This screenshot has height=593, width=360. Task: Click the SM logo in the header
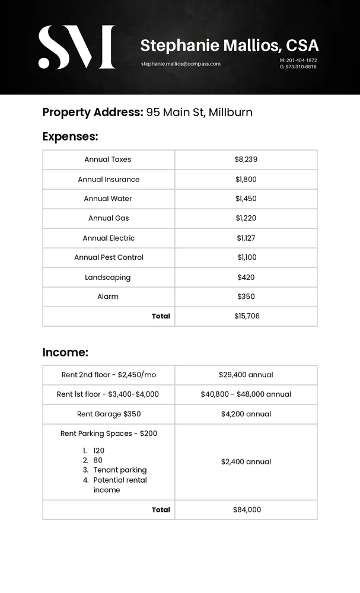(77, 47)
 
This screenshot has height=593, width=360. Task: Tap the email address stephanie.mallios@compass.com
(180, 63)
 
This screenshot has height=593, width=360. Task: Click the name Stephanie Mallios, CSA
(230, 45)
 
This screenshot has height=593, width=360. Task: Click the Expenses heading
(70, 136)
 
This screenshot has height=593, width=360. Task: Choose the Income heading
(65, 352)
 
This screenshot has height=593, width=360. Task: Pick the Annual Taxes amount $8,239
(246, 160)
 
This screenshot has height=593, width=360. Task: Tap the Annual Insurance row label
(109, 179)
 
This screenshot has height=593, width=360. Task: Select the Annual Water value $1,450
(246, 199)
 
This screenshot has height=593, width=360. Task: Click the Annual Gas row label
(109, 218)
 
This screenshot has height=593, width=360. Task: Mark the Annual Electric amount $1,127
(246, 238)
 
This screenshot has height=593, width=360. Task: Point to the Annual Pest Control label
(109, 257)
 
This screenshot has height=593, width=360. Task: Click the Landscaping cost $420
(246, 277)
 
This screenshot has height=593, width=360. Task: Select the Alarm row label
(108, 296)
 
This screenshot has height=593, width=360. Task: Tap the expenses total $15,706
(247, 316)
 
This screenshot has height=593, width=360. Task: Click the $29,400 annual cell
(246, 375)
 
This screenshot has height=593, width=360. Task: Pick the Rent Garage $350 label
(109, 414)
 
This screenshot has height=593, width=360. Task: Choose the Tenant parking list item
(120, 470)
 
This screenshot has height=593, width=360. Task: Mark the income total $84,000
(247, 509)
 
